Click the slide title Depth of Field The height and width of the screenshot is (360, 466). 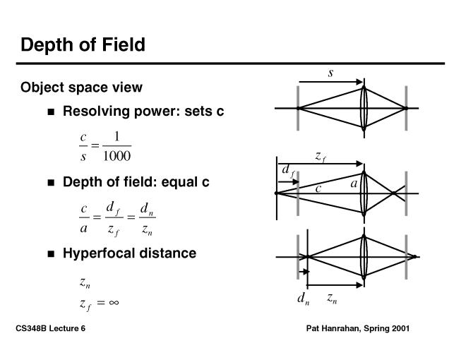[x=83, y=45]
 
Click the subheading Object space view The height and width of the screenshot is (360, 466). [x=81, y=88]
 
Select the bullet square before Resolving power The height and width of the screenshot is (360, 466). [x=51, y=112]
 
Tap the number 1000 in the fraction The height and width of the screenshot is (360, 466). [x=116, y=155]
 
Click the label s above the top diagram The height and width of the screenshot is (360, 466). [x=330, y=73]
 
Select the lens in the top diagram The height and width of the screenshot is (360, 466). [x=364, y=108]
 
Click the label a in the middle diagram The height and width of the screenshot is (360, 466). [x=354, y=184]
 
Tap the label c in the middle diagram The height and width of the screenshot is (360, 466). [x=318, y=188]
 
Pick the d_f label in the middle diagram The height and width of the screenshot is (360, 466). [x=288, y=172]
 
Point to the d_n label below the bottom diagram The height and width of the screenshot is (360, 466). [x=303, y=300]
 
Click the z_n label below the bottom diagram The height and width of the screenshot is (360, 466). [x=332, y=299]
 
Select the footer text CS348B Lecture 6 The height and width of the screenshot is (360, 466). [x=50, y=329]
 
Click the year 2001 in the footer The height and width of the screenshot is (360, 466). [x=398, y=329]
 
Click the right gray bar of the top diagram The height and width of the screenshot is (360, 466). [x=406, y=108]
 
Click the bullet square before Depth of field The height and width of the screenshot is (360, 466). [x=51, y=183]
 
